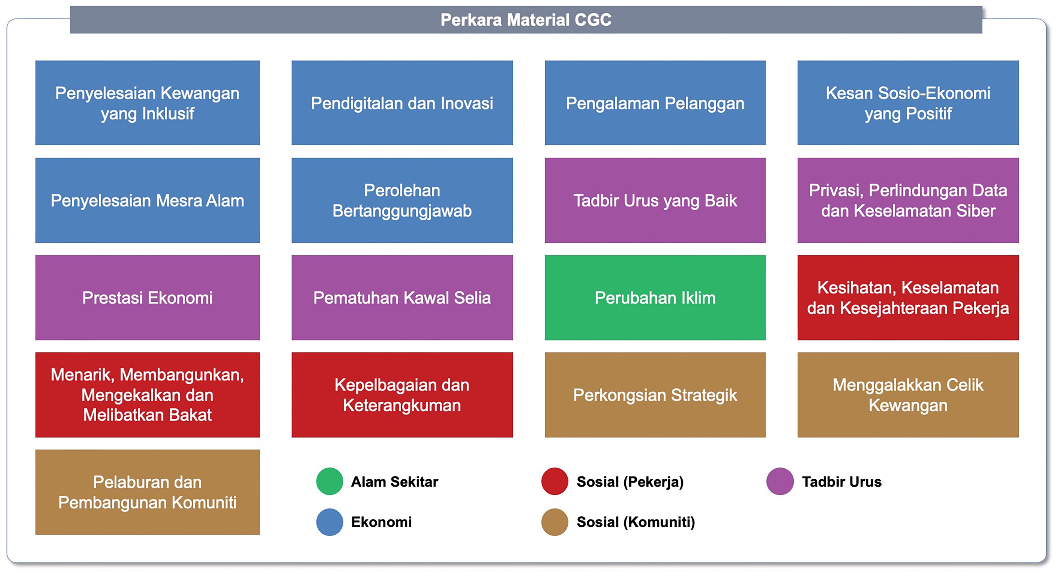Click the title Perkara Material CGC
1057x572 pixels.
tap(526, 20)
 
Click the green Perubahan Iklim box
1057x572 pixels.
tap(655, 297)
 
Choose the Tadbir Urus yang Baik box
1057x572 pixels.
tap(655, 200)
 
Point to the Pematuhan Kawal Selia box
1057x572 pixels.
tap(402, 297)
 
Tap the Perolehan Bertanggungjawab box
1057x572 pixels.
tap(402, 200)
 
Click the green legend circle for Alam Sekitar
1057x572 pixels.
tap(329, 481)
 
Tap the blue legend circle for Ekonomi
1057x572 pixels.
tap(329, 522)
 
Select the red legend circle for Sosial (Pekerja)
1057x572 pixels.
tap(555, 481)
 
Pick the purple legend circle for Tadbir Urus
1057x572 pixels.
tap(780, 481)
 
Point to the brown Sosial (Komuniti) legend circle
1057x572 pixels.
tap(555, 522)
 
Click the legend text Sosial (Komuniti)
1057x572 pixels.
tap(636, 522)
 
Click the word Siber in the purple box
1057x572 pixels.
tap(976, 211)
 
